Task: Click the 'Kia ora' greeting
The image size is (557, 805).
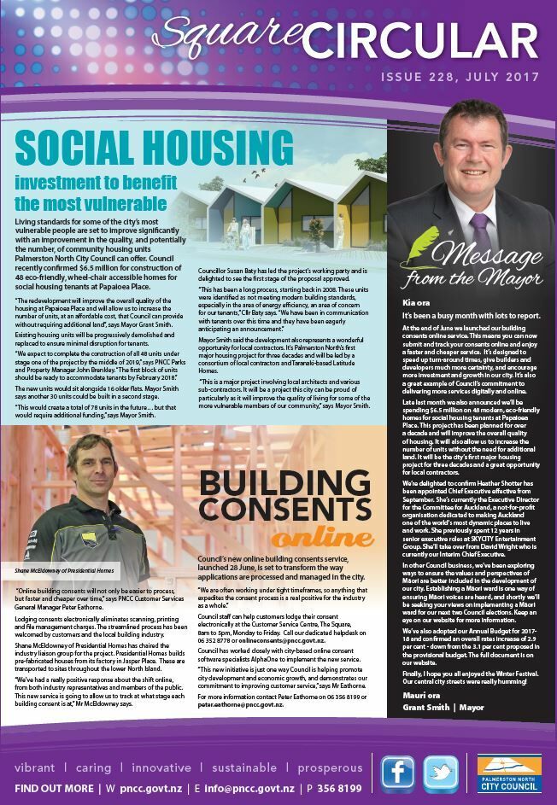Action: coord(415,301)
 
